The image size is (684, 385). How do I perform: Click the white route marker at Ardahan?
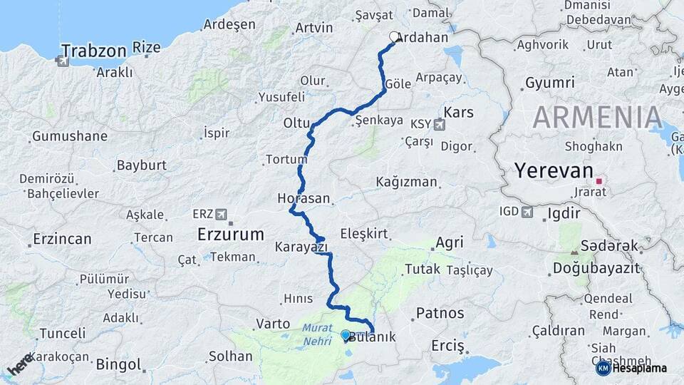pos(394,37)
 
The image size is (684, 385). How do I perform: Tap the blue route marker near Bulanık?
pos(346,334)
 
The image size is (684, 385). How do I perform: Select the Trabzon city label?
pos(93,51)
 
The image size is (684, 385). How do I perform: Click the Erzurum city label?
pos(230,234)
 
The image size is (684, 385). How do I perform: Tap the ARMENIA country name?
pos(598,117)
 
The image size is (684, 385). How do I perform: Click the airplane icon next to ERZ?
pos(221,214)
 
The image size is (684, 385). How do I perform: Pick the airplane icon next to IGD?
pos(527,211)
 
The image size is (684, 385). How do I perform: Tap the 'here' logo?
pos(20,364)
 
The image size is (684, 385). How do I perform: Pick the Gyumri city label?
pos(549,83)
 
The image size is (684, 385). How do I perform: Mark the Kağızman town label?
pos(406,182)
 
